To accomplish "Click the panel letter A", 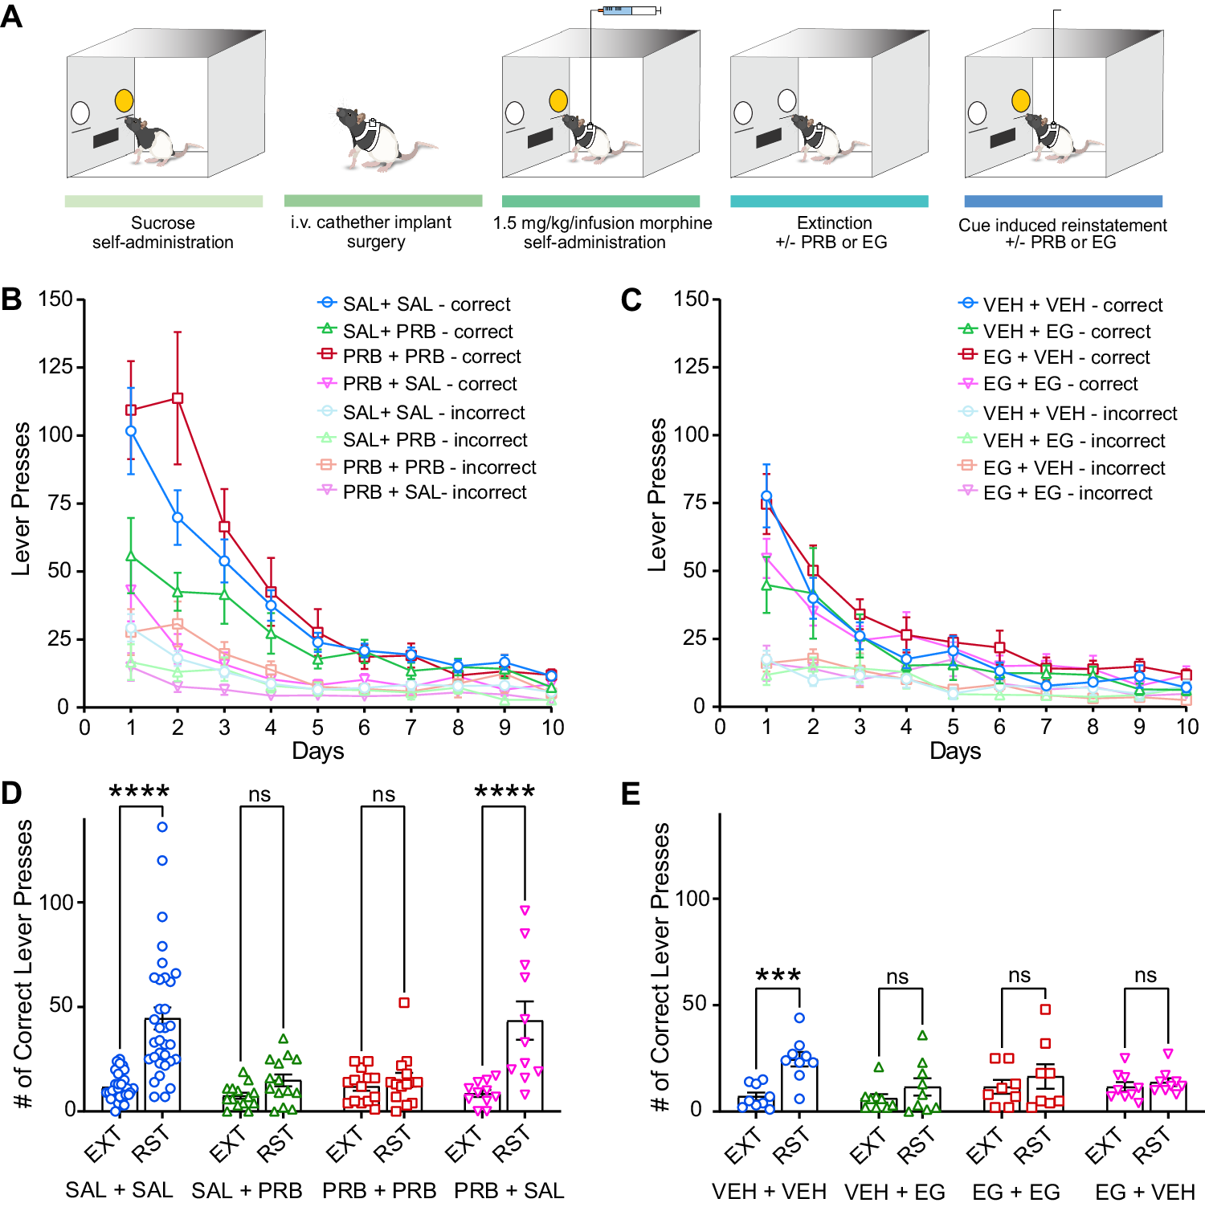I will (11, 15).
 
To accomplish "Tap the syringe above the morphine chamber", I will (631, 10).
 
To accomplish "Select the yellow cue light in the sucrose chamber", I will (124, 100).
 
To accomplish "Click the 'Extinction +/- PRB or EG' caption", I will (831, 233).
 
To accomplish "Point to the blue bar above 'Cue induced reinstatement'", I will (1063, 201).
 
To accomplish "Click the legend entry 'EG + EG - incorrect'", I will (1068, 493).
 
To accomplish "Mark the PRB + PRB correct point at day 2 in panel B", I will (178, 398).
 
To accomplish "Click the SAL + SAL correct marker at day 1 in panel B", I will (131, 431).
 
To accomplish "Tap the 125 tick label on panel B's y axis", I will (55, 367).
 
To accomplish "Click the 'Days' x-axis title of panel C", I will (955, 751).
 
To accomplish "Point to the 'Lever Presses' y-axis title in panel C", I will (657, 495).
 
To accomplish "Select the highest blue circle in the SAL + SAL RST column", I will (162, 826).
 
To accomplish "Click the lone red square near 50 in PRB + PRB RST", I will (404, 1003).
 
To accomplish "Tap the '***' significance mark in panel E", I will (778, 976).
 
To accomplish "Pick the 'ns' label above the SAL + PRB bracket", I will (259, 794).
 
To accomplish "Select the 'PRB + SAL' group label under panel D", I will (509, 1190).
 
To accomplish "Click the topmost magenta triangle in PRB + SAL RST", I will (525, 911).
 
